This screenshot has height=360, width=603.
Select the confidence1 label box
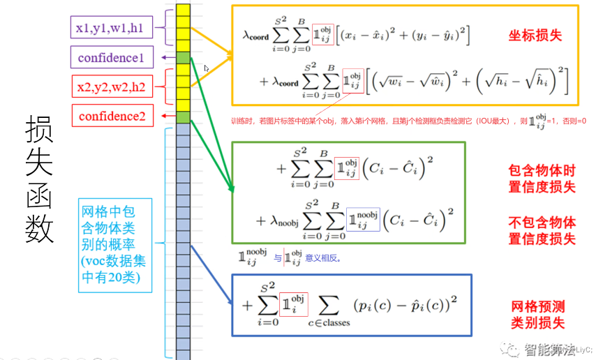coord(112,58)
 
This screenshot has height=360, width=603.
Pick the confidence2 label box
coord(112,116)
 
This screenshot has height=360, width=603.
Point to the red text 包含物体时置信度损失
coord(542,179)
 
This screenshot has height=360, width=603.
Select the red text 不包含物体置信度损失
coord(542,231)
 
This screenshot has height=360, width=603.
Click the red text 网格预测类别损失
coord(537,314)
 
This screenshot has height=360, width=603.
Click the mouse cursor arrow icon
coord(207,69)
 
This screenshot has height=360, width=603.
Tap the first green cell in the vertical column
coord(183,58)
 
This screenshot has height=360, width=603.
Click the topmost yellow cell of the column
coord(183,10)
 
